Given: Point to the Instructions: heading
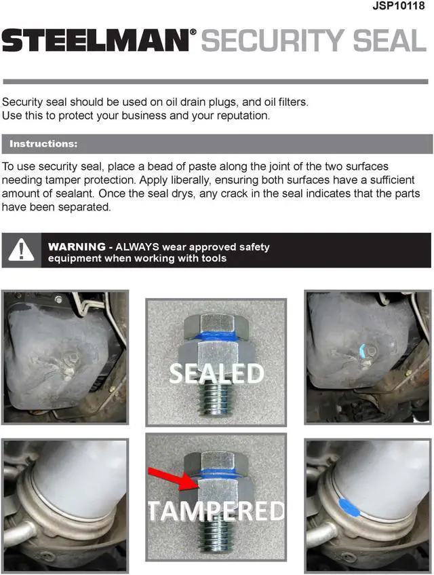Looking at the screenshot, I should pos(43,144).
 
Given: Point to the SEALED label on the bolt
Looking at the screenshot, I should pos(216,373).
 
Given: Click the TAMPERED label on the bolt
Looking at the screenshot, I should pos(216,511).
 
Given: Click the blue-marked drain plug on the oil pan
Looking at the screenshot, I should pos(363,351).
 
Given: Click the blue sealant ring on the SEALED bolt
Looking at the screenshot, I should pos(216,336).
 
